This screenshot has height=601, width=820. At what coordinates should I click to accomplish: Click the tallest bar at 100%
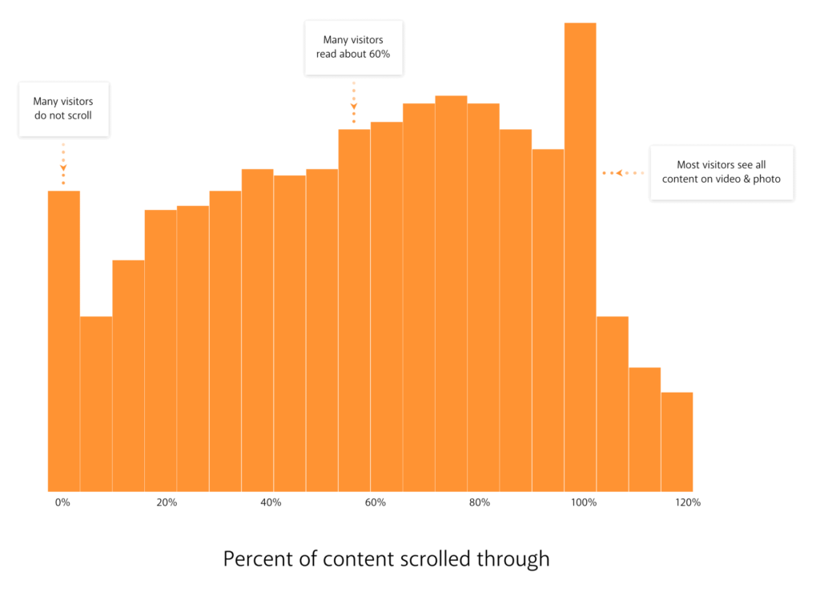point(580,256)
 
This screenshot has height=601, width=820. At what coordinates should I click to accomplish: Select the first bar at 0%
point(63,341)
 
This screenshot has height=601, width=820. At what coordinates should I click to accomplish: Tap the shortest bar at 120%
point(677,442)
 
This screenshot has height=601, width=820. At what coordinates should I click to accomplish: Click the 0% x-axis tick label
point(62,502)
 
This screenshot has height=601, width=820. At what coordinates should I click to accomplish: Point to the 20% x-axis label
point(167,502)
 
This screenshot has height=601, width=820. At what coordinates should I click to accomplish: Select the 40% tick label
point(271,502)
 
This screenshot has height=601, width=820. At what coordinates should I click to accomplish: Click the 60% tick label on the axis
point(376,502)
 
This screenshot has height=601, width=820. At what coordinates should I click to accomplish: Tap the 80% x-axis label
point(480,502)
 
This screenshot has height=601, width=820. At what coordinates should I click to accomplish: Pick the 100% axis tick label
point(584,502)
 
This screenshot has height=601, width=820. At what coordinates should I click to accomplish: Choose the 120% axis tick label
point(688,502)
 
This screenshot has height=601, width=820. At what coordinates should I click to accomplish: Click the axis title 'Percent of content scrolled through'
point(386,559)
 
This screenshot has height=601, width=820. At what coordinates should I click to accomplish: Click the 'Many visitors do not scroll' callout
point(63,108)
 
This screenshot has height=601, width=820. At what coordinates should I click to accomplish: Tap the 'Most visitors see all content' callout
point(721,172)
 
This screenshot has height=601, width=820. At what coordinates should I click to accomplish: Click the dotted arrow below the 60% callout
point(353,102)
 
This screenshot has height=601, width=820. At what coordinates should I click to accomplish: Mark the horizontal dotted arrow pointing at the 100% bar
point(623,173)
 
